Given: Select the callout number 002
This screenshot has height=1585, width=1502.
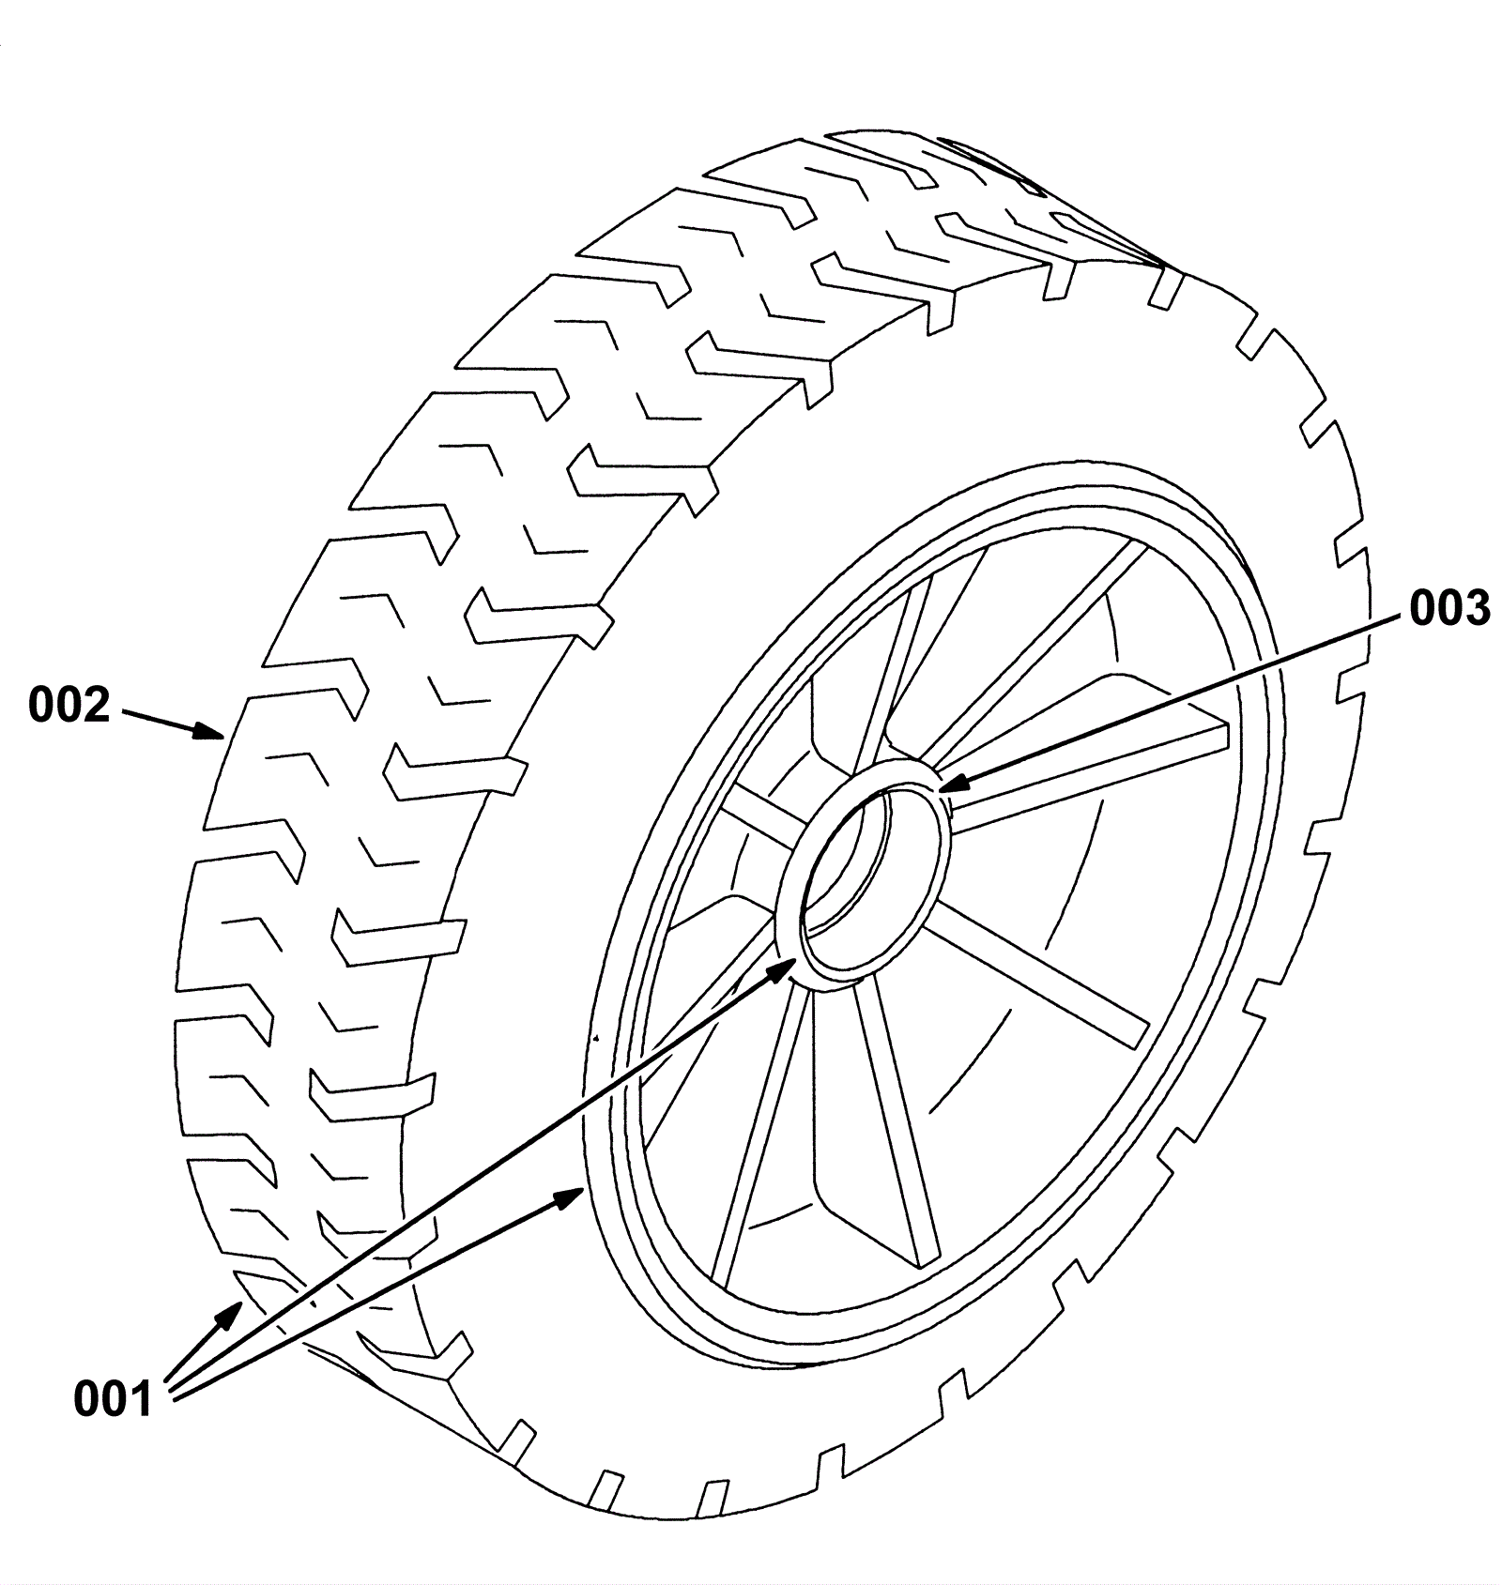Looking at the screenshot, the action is tap(69, 706).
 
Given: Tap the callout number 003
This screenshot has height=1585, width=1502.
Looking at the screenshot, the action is tap(1449, 609).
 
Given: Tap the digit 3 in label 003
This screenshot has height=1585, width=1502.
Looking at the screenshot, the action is tap(1475, 609).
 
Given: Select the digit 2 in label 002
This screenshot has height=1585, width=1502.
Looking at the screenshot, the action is tap(95, 706).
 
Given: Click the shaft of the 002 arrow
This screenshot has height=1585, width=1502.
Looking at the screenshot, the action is tap(160, 721).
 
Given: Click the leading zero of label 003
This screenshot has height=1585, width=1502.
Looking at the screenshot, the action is tap(1422, 609).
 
